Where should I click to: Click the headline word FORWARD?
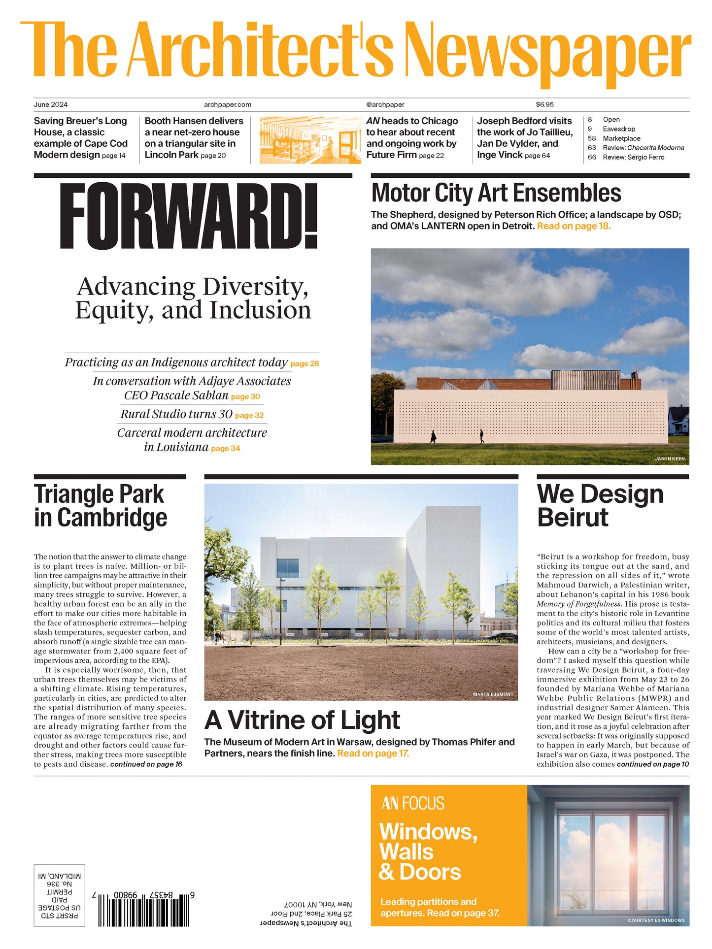click(189, 216)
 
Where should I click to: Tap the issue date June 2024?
click(51, 104)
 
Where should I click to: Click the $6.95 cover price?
click(544, 104)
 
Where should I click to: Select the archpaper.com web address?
click(228, 104)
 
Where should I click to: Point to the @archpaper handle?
click(385, 104)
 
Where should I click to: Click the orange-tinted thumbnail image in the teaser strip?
click(310, 140)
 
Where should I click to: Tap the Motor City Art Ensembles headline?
click(496, 193)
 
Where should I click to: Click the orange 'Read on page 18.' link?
click(574, 226)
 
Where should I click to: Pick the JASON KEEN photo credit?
click(669, 458)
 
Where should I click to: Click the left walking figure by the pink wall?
click(433, 437)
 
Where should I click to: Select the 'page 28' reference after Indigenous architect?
click(305, 364)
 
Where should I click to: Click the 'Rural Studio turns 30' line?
click(176, 414)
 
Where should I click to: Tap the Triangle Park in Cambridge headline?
click(100, 506)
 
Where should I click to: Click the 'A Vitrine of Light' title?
click(302, 720)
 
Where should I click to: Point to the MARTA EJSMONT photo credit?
click(493, 694)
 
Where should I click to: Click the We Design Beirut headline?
click(600, 506)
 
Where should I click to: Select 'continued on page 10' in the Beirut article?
click(652, 764)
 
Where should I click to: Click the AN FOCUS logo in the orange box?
click(413, 804)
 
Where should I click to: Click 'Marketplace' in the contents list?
click(621, 138)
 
